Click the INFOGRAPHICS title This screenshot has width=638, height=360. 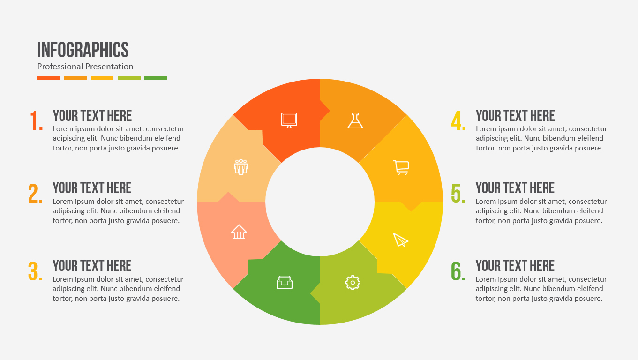coord(83,50)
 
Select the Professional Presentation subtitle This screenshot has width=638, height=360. coord(85,67)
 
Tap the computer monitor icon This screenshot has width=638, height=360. coord(289,120)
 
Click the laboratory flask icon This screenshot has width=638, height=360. coord(355,120)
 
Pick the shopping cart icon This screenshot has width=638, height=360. coord(401,167)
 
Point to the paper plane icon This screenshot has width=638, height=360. coord(400,240)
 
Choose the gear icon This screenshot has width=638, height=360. coord(353,282)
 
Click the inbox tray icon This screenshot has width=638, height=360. coord(285,282)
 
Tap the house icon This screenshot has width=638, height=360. coord(239,232)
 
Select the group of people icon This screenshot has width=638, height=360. coord(241,167)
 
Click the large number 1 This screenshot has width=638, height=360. coord(36,121)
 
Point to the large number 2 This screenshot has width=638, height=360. coord(35,193)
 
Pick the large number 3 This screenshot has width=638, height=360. coord(35,271)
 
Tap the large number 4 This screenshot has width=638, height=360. coord(458,121)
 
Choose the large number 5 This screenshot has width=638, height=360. coord(458,193)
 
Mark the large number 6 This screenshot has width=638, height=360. coord(458,271)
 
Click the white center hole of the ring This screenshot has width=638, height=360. coord(320,202)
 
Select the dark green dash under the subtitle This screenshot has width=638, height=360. coord(156,78)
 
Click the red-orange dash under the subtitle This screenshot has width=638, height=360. coord(48,78)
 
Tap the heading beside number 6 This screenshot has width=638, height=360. coord(515,266)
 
